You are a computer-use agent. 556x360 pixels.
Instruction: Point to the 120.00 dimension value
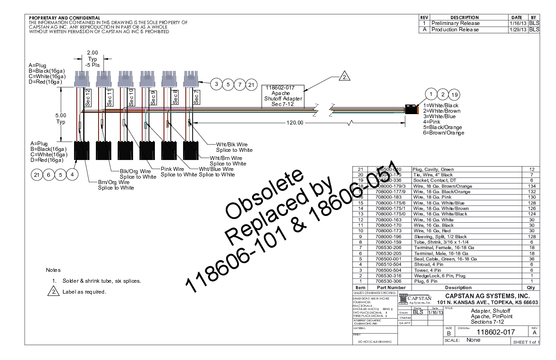(x=294, y=123)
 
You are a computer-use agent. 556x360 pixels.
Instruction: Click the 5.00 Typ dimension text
(x=60, y=119)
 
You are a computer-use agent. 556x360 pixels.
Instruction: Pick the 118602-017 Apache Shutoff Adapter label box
(x=283, y=96)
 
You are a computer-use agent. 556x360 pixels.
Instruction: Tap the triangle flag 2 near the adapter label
(x=345, y=76)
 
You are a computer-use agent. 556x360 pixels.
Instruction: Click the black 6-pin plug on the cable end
(x=412, y=110)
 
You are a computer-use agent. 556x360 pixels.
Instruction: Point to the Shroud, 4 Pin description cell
(x=429, y=264)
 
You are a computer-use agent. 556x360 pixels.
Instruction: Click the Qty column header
(x=531, y=287)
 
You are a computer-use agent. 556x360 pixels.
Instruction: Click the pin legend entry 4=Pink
(x=431, y=122)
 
